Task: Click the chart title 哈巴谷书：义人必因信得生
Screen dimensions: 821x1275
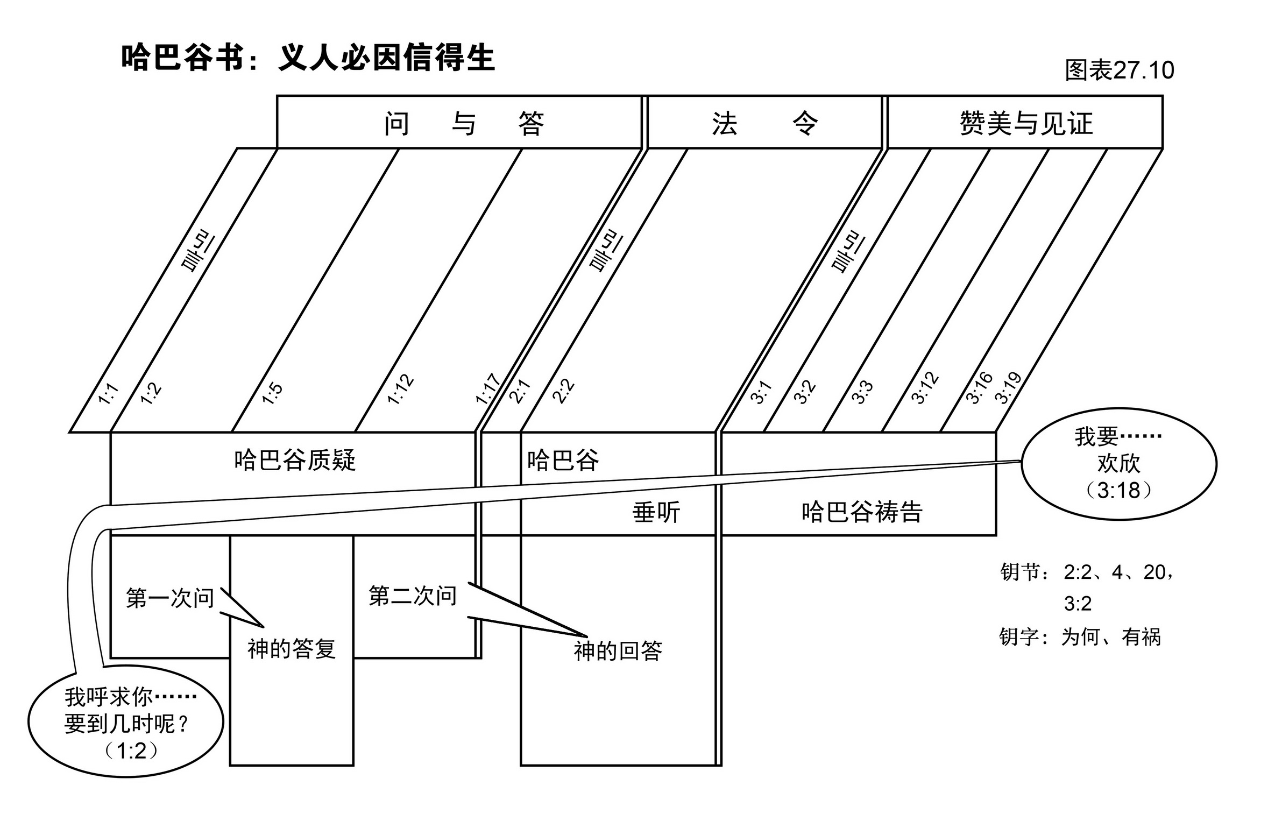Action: [307, 58]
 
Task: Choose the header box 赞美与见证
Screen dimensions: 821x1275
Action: [1025, 123]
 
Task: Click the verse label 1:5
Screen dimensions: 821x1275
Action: [272, 393]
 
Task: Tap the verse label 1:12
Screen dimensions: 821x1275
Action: [401, 389]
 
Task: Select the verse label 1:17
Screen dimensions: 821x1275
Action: [487, 389]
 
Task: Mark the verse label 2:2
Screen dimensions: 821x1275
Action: [563, 392]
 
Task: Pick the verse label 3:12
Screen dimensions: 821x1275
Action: [925, 388]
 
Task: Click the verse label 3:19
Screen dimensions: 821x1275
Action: [1008, 388]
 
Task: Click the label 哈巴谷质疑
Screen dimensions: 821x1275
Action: [295, 461]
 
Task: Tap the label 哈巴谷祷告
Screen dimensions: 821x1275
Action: [862, 512]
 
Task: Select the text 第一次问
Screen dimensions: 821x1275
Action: [170, 598]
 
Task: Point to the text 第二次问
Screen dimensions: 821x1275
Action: [413, 596]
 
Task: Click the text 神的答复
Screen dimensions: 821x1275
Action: [292, 649]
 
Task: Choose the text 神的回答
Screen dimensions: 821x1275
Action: [618, 652]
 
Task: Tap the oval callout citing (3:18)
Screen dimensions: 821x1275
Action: [1118, 464]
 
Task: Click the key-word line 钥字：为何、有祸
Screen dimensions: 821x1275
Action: [1080, 637]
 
